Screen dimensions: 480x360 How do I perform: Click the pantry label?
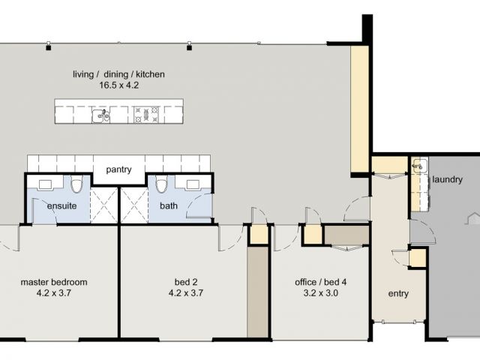118,170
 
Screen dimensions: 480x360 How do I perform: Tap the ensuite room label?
61,205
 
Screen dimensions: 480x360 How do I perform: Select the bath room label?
169,205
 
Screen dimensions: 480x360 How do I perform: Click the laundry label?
447,180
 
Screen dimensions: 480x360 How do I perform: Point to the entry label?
398,293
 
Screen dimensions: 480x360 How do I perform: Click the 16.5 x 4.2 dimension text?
118,85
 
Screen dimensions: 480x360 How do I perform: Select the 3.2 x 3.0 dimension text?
321,293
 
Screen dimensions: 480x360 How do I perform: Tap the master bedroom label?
54,282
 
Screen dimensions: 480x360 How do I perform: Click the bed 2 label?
186,282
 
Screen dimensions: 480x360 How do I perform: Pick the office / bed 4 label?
321,282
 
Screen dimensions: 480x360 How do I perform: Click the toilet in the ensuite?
76,184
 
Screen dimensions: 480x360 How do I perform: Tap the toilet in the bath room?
161,184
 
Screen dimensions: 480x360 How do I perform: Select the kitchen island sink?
101,115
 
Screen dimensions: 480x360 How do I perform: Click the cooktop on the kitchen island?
146,115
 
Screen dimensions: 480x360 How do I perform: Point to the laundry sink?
418,166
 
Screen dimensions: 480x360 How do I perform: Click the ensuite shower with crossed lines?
104,205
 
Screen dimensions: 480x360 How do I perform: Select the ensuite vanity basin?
45,184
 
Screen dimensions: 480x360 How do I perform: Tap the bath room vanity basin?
193,184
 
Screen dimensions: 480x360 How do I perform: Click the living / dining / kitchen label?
118,74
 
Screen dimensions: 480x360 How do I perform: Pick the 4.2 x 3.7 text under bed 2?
186,293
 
